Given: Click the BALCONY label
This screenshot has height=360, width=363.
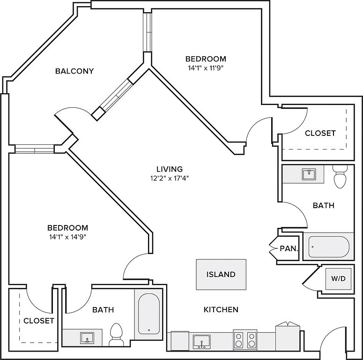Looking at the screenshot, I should point(74,71).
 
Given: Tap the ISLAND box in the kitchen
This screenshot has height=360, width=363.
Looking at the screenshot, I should point(221,275).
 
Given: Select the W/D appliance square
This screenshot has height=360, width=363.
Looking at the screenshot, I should point(338,278).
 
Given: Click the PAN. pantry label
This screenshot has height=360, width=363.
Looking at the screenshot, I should point(289,248).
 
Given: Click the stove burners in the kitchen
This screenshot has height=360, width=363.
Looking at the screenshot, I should point(245,339).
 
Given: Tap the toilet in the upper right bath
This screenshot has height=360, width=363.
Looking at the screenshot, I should point(340,177).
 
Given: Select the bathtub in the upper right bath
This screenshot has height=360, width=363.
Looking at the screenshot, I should point(328,246).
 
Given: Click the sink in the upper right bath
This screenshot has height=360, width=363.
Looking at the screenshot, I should point(309,175).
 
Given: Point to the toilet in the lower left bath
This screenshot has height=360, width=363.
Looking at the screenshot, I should point(115,334).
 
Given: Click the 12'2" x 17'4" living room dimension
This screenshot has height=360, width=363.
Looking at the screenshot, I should point(170,178).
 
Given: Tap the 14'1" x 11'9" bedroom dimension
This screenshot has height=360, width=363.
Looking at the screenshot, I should point(206,67).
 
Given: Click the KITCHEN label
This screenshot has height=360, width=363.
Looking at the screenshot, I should point(221,309).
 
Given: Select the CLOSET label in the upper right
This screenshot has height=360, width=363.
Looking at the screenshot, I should point(320,133).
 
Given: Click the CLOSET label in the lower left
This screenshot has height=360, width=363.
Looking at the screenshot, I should point(39,321).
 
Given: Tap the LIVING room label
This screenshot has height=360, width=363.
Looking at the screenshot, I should point(170,169).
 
